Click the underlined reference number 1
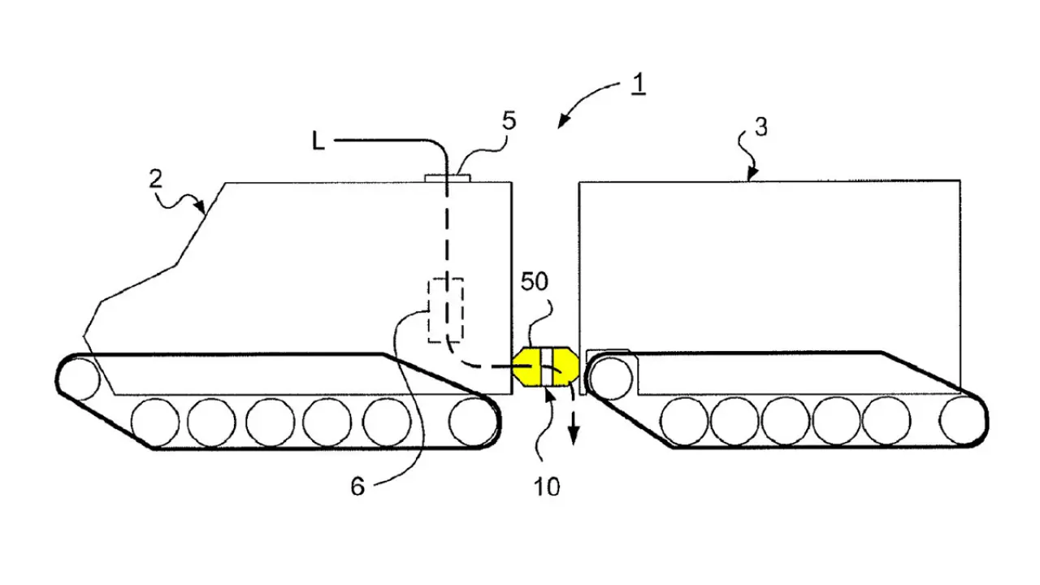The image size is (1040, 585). (639, 84)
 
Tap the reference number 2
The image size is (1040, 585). (156, 179)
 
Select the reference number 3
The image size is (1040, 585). (761, 128)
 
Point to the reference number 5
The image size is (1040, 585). (509, 121)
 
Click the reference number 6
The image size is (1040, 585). (357, 487)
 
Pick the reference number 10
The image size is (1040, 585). (547, 487)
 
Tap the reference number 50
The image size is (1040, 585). (535, 281)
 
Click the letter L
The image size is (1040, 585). (318, 141)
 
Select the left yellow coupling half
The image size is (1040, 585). (527, 366)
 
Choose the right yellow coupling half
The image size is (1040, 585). (565, 366)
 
